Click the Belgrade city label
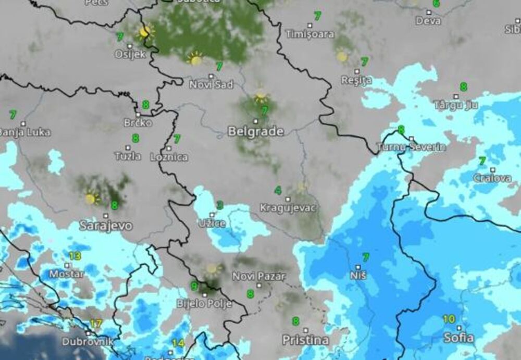(x=256, y=131)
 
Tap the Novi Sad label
(x=210, y=84)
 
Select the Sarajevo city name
(x=106, y=226)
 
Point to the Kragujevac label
(x=288, y=208)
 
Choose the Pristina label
(x=305, y=340)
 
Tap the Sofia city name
(x=458, y=338)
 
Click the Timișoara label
(x=309, y=34)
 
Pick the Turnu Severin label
(x=412, y=147)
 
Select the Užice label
(x=212, y=224)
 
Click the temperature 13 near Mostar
(x=75, y=256)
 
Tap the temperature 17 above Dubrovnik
(x=95, y=324)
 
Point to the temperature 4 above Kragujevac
(x=278, y=191)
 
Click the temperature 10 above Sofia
(x=449, y=318)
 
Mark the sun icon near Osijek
(x=144, y=32)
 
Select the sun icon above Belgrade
(x=260, y=96)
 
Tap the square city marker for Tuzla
(x=128, y=147)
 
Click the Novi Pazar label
(x=258, y=276)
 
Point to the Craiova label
(x=492, y=178)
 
